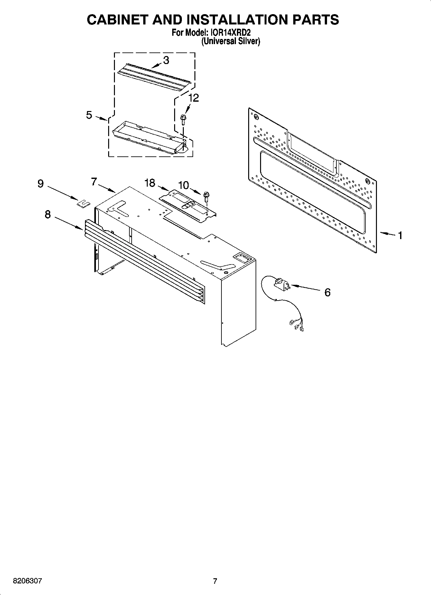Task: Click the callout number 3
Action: click(x=166, y=60)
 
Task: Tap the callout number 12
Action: click(x=193, y=98)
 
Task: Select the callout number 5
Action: click(x=89, y=115)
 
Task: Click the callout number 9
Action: click(x=41, y=184)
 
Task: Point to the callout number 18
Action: click(x=150, y=183)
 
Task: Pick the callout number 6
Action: click(x=327, y=293)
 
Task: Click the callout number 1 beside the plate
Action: click(x=400, y=236)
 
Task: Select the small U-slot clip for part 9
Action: click(x=83, y=203)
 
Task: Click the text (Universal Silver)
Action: click(x=230, y=41)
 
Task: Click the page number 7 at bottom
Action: click(x=215, y=581)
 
